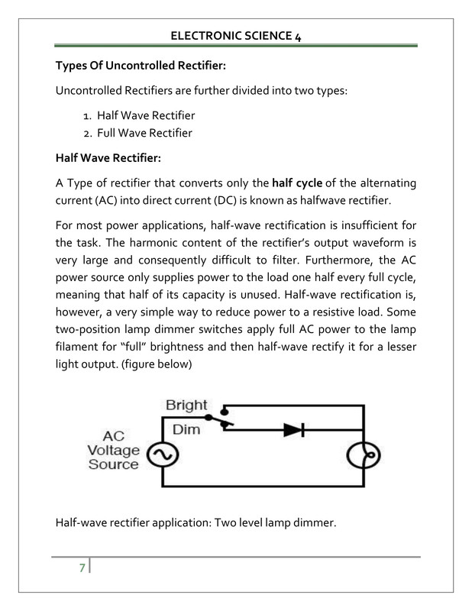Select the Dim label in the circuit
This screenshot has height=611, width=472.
(186, 429)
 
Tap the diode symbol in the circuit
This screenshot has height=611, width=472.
(294, 430)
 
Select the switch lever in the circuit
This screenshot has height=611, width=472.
(218, 422)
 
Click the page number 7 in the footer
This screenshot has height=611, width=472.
(82, 568)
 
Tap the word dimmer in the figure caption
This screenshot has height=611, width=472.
(315, 523)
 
